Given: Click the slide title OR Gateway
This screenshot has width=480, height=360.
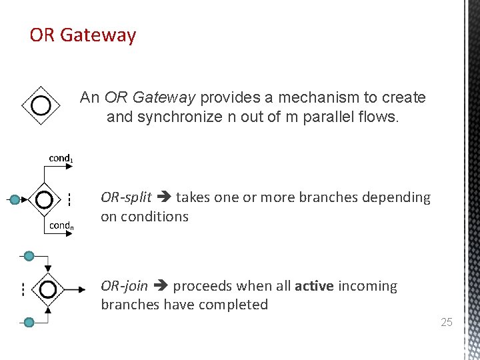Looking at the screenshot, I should point(83,35).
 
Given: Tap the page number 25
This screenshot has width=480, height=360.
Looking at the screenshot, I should point(446,323).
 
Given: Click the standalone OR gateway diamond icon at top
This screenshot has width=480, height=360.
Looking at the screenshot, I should point(41,105).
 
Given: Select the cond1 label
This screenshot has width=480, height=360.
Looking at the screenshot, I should point(61,159).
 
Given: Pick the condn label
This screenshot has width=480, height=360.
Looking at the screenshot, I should point(61,225).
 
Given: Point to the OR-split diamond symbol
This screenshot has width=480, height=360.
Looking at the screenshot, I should point(44,199).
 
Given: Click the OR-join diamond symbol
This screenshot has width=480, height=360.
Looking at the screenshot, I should point(47,289).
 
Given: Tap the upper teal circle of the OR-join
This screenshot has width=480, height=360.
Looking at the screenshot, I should point(29,256).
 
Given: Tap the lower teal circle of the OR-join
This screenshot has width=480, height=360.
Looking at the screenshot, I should point(29,323).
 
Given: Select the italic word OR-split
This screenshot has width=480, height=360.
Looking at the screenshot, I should point(126,197).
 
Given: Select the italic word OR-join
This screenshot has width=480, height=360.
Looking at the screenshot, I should point(125,286).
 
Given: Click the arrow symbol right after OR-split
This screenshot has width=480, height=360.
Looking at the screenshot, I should point(163,198).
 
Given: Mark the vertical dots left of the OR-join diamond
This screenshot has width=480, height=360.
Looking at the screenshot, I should point(22,289).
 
